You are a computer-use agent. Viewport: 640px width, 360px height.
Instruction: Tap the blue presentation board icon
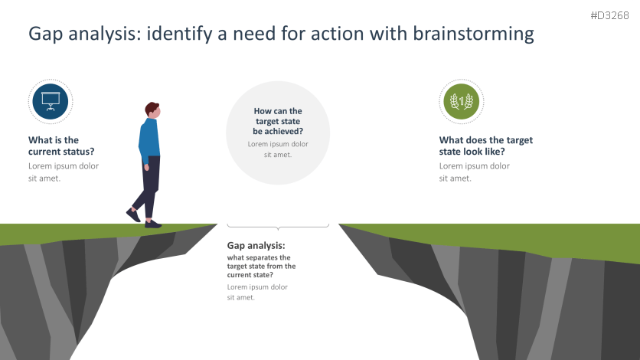click(51, 101)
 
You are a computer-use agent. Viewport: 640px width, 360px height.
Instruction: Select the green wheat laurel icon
click(461, 101)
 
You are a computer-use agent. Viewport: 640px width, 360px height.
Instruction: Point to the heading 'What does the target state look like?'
click(485, 146)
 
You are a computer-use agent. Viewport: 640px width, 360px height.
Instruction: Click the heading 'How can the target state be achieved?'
click(278, 121)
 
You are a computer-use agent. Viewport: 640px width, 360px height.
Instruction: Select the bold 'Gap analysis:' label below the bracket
click(256, 246)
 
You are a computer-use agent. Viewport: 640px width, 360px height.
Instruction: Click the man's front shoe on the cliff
click(153, 224)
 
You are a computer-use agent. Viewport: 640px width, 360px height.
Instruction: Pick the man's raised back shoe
click(133, 215)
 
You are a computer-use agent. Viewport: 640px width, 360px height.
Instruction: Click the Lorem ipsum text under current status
click(63, 172)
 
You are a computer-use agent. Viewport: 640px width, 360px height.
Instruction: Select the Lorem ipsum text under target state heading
click(474, 172)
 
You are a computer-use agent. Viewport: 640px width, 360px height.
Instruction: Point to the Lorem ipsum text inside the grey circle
click(278, 149)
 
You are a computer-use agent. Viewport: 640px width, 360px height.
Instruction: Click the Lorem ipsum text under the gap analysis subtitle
click(257, 292)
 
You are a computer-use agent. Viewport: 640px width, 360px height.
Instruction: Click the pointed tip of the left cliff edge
click(216, 225)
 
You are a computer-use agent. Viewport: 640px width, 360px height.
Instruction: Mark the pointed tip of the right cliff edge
click(341, 226)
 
